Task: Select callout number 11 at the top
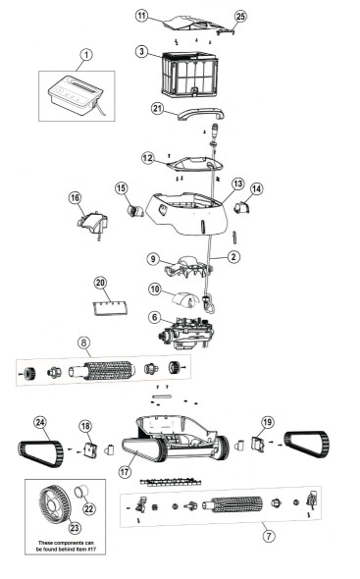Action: click(141, 17)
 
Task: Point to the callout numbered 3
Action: click(141, 51)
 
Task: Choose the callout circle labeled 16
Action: click(75, 198)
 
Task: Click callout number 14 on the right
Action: click(257, 187)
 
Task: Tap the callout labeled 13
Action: click(237, 184)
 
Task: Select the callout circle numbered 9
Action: click(153, 259)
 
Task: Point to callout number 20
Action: click(100, 283)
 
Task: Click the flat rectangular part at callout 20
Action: click(109, 306)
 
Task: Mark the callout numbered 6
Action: click(154, 316)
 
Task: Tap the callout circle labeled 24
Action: click(39, 423)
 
